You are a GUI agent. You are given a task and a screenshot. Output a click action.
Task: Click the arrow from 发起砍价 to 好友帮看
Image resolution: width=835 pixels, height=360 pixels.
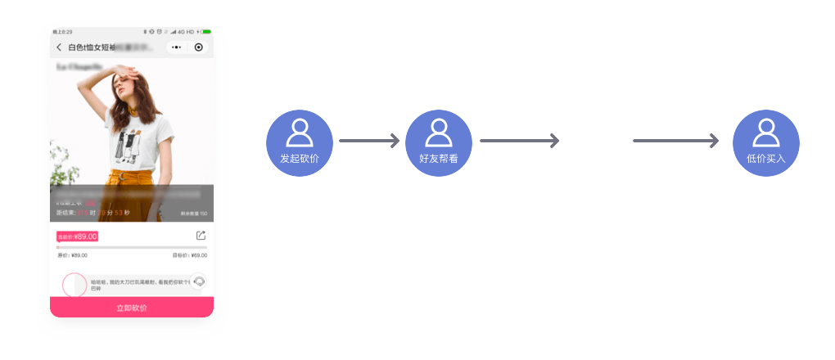(x=368, y=141)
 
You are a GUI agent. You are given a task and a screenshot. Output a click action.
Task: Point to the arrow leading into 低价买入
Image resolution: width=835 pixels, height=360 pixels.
(x=675, y=141)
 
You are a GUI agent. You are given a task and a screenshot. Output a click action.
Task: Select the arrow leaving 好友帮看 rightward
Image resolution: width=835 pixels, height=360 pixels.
(x=519, y=141)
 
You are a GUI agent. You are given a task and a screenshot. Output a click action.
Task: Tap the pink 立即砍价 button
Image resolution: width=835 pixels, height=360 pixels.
(x=132, y=308)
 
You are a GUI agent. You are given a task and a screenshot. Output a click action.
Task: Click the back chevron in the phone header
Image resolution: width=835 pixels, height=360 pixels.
(x=59, y=47)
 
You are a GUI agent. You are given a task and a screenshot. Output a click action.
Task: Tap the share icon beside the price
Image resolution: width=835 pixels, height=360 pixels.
(x=201, y=236)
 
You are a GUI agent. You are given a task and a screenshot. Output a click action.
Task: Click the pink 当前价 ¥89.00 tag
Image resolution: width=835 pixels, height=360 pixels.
(x=77, y=236)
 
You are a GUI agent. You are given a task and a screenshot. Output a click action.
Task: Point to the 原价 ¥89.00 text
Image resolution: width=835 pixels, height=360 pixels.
(x=72, y=255)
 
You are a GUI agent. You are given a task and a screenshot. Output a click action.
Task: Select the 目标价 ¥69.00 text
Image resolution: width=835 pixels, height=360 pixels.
(x=190, y=255)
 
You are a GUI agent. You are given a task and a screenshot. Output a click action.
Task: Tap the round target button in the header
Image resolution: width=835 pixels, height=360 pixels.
(x=199, y=47)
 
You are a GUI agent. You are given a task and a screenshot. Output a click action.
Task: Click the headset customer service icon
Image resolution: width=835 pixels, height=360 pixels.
(x=198, y=281)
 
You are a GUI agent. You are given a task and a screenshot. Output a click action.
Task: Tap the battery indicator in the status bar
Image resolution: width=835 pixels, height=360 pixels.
(x=206, y=32)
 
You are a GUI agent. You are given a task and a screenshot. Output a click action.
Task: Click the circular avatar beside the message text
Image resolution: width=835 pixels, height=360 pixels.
(x=74, y=285)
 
